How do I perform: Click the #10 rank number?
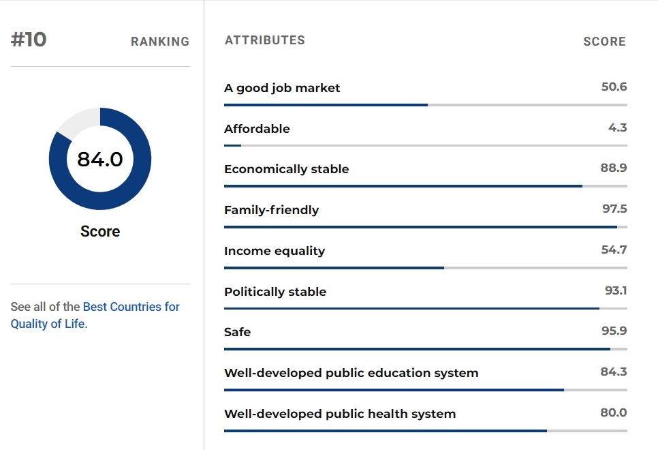tap(29, 40)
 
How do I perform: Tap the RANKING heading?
tap(160, 41)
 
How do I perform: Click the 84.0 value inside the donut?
tap(100, 160)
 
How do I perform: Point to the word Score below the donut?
tap(100, 231)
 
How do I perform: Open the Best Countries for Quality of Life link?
tap(95, 315)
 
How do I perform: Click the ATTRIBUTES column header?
tap(265, 40)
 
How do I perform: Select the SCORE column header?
tap(604, 41)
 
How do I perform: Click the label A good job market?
tap(282, 88)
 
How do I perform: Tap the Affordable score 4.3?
tap(618, 127)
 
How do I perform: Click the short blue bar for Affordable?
tap(232, 145)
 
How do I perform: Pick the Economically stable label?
tap(287, 169)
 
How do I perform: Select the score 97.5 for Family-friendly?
tap(615, 209)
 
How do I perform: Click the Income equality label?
tap(275, 251)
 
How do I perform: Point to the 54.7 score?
tap(614, 250)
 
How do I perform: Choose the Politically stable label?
tap(275, 292)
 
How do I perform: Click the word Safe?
tap(238, 332)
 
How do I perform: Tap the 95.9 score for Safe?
tap(614, 331)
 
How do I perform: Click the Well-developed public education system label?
tap(351, 373)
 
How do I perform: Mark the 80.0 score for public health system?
tap(614, 412)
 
